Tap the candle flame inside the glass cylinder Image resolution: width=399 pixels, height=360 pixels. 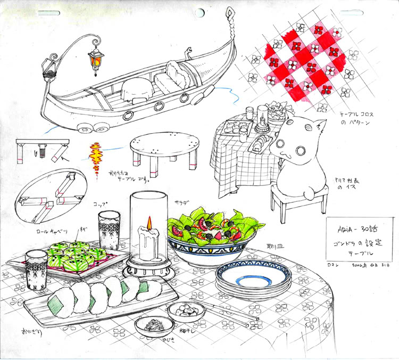coord(149,223)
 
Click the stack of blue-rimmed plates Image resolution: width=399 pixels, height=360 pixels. coord(253,280)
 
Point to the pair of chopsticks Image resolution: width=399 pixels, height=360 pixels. coord(226,315)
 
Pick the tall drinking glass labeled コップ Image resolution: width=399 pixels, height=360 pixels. coord(110,230)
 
